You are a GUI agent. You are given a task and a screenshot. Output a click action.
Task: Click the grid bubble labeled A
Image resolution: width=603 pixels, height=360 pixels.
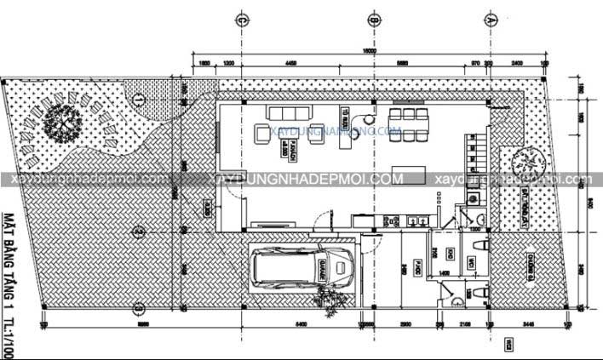(x=490, y=19)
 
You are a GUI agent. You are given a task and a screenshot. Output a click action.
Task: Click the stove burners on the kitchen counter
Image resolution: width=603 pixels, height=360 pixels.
(x=393, y=220)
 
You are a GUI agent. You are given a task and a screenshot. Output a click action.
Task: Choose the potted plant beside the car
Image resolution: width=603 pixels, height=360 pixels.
(x=326, y=297)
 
